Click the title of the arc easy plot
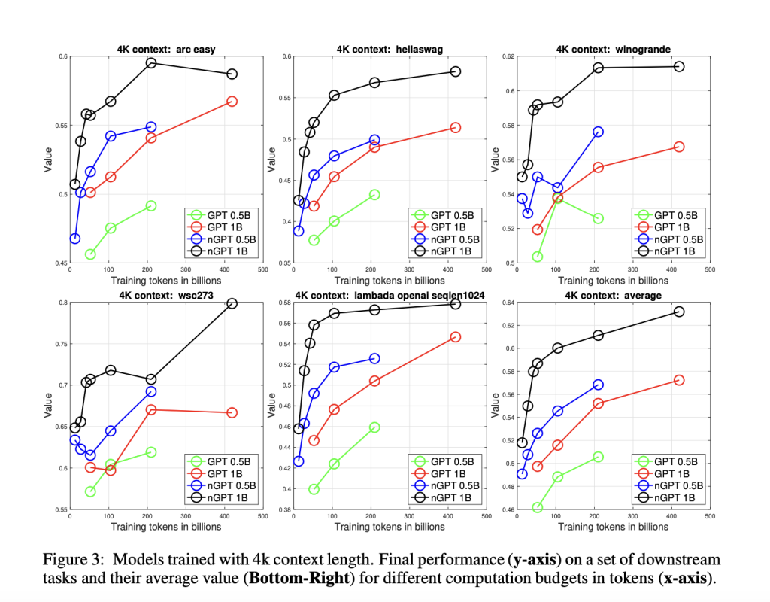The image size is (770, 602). pos(165,49)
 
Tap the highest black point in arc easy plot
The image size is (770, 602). pos(150,63)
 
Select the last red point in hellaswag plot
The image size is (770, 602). pos(455,128)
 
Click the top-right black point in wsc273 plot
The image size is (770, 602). pos(232,303)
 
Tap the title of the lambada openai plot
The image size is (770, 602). pos(390,296)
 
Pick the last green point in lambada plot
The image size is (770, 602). pos(374,427)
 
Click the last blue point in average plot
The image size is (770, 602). pos(598,385)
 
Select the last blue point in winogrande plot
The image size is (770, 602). pos(598,132)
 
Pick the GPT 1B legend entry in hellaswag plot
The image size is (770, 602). pos(444,227)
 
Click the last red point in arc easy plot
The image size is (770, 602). pos(232,101)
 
